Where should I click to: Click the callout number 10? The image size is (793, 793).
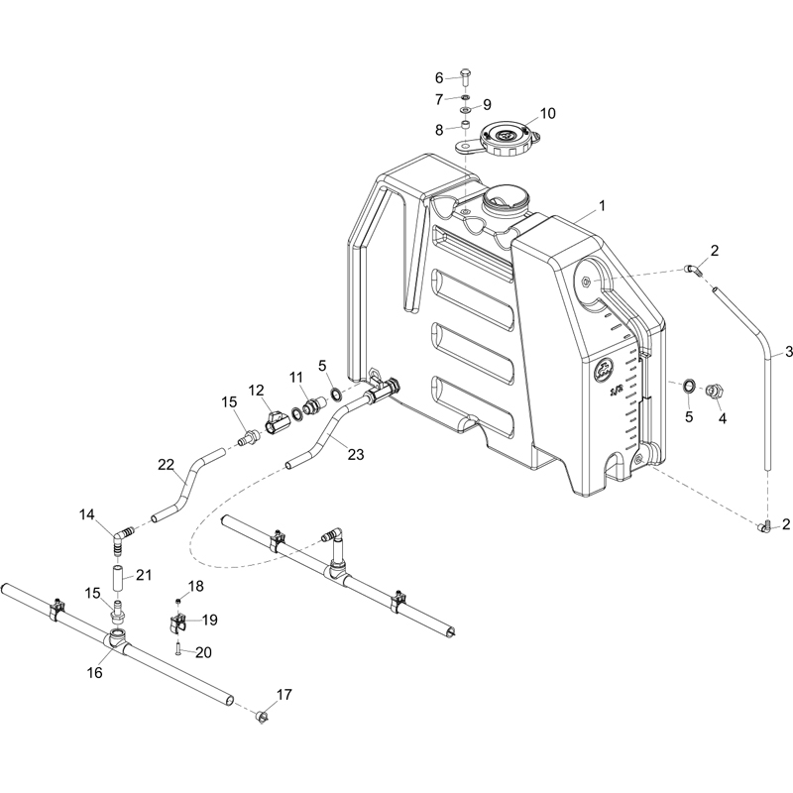point(548,113)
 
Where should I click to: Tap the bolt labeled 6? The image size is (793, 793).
point(465,77)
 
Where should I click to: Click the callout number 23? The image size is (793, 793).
point(356,454)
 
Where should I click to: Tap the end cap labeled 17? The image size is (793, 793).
point(261,716)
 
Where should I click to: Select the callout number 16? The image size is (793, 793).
point(94,672)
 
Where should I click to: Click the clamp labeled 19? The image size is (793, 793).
point(176,623)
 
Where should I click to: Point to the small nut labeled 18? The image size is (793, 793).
point(178,601)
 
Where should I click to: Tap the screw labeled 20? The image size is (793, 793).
point(178,649)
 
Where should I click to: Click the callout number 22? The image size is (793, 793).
point(166,464)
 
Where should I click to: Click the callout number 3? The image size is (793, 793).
point(788,352)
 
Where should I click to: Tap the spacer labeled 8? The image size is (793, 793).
point(466,125)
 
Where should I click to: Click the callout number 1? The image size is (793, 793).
point(602,206)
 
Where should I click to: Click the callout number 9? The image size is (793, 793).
point(487,105)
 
